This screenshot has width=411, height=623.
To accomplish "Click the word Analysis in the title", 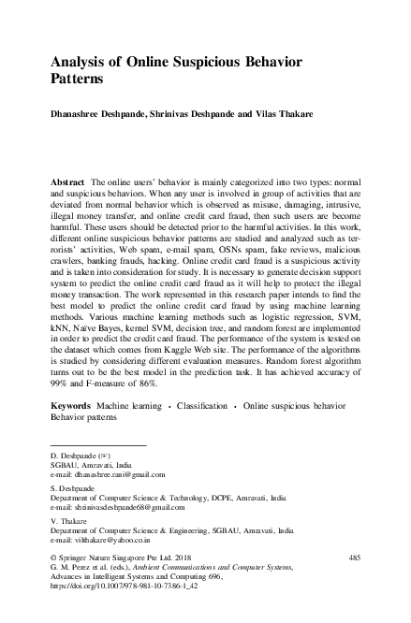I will coord(80,62).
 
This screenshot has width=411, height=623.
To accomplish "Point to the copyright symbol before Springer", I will coord(52,558).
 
